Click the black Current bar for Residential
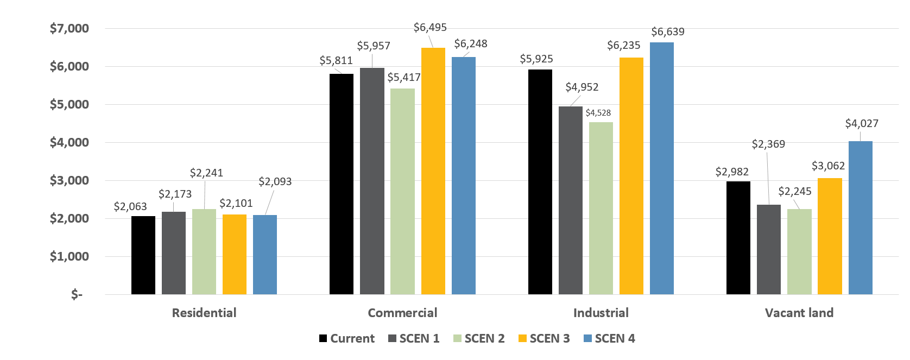point(143,255)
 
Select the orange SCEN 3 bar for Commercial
point(433,171)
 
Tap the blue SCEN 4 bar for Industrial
point(662,168)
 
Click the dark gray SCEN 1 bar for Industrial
point(571,200)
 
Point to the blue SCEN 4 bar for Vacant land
point(861,218)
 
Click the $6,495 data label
point(430,27)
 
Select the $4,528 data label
point(598,113)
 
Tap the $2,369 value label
point(768,144)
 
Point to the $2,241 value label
point(206,173)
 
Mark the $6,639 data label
point(668,31)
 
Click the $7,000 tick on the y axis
point(69,28)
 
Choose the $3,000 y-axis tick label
point(69,180)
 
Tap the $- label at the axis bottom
point(77,294)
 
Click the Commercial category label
point(402,313)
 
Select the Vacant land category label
point(799,313)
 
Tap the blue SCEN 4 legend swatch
point(587,338)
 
